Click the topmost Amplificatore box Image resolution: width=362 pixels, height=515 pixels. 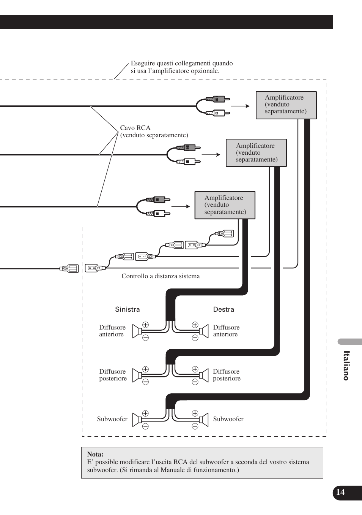286,105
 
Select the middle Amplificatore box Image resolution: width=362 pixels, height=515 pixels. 256,153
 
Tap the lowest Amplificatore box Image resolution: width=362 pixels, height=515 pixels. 225,205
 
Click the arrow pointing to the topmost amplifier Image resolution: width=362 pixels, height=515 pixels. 240,106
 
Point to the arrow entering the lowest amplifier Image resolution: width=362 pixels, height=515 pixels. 181,206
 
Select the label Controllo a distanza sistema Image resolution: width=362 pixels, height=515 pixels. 161,276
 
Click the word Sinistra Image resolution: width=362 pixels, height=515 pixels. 127,309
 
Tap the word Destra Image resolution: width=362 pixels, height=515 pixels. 223,309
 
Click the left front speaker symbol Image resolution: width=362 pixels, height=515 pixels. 137,331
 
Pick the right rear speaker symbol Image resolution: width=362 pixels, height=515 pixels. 204,375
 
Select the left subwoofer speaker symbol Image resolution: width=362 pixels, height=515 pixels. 137,420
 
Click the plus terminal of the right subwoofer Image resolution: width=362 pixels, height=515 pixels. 195,413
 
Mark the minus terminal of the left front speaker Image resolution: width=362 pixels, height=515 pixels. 146,338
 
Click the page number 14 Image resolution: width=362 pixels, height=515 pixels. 340,492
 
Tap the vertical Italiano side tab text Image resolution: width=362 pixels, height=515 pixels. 346,366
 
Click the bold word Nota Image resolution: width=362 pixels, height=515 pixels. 95,454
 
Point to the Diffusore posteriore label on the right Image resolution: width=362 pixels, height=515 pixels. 227,375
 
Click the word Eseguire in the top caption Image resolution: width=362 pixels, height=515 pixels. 143,63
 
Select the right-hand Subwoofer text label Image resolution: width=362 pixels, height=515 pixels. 228,419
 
